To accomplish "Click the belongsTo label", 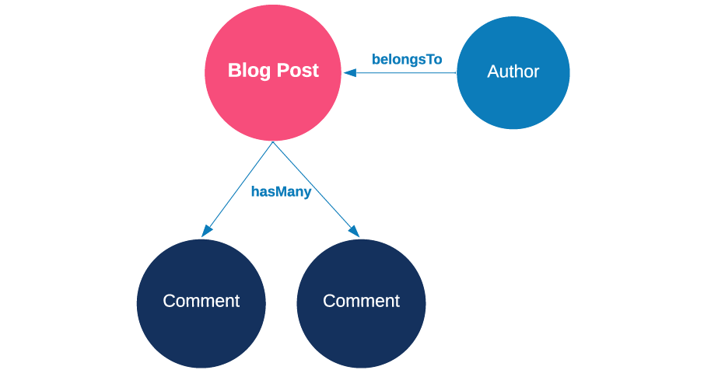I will tap(407, 59).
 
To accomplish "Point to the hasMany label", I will tap(281, 192).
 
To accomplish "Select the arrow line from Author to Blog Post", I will tap(405, 73).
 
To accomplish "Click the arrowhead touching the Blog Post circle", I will tap(349, 73).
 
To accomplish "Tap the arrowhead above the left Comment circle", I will tap(206, 231).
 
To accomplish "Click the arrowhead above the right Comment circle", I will tap(355, 231).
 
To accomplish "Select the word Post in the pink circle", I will tap(299, 70).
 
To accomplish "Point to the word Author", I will tap(513, 72).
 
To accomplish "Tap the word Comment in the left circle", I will tap(201, 301).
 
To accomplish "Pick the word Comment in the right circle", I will tap(361, 301).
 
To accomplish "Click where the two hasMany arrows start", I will tap(272, 142).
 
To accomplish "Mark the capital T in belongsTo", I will tap(430, 59).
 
